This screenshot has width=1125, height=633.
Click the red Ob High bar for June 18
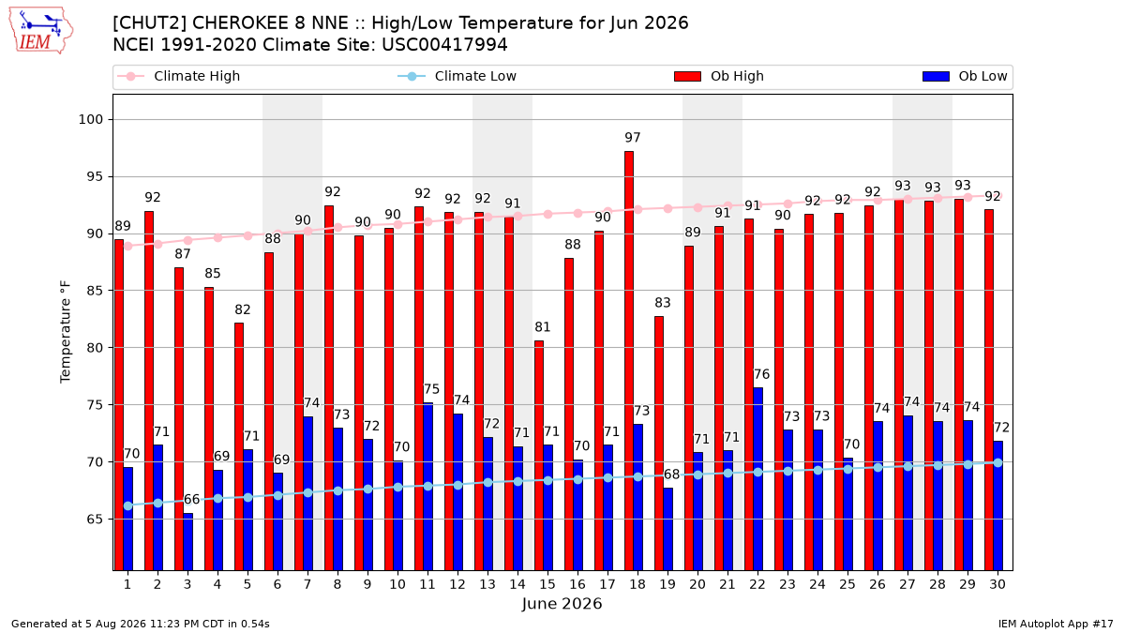(629, 361)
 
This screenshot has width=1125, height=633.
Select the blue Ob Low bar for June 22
(757, 479)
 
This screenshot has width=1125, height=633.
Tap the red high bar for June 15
(539, 455)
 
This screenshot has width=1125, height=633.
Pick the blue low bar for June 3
(187, 542)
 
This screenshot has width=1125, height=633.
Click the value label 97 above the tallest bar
(632, 137)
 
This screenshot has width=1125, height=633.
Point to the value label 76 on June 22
(761, 374)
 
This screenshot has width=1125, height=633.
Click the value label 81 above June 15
(543, 327)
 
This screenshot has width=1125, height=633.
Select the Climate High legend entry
(178, 76)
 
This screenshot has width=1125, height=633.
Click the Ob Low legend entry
(965, 76)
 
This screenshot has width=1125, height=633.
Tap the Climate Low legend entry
(457, 76)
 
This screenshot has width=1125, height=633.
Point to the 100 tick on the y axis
(90, 120)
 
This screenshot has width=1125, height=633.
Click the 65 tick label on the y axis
(95, 519)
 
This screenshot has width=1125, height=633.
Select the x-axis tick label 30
(997, 584)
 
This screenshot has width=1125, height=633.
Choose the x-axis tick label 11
(427, 584)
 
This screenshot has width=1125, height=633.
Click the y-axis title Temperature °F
(66, 332)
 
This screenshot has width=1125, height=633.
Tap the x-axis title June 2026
(562, 603)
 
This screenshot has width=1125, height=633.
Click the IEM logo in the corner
(41, 31)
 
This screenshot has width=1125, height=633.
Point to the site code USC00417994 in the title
(444, 45)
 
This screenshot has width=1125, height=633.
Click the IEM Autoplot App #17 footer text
(1056, 624)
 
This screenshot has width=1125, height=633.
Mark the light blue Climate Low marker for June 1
(128, 505)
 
